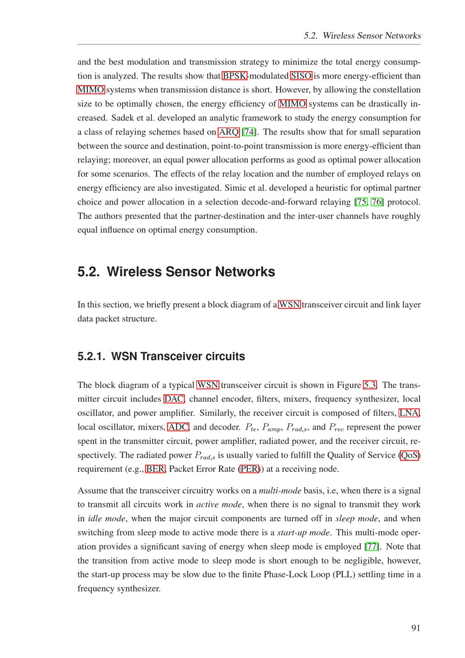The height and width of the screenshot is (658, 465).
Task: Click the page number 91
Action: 416,628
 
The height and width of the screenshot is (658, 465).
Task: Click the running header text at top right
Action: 362,36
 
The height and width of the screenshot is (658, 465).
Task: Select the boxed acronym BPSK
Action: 234,76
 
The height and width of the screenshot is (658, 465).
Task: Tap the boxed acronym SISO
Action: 301,76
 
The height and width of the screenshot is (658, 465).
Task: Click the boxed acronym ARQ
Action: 229,132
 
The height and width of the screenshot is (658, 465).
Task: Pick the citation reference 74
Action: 249,132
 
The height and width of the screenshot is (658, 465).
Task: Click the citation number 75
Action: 361,202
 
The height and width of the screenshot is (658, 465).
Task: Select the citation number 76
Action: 376,202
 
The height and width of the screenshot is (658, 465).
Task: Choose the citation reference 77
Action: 372,546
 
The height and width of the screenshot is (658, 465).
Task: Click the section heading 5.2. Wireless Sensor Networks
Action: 176,272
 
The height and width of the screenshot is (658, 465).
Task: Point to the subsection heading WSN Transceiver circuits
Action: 161,357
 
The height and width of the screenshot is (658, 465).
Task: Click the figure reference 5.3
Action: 370,385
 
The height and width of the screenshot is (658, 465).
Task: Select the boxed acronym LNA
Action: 409,413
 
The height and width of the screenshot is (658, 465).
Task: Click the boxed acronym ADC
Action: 178,427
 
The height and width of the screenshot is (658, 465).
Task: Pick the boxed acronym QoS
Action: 410,455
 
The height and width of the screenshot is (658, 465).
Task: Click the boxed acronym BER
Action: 155,469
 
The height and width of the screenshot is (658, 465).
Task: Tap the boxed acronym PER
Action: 249,469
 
